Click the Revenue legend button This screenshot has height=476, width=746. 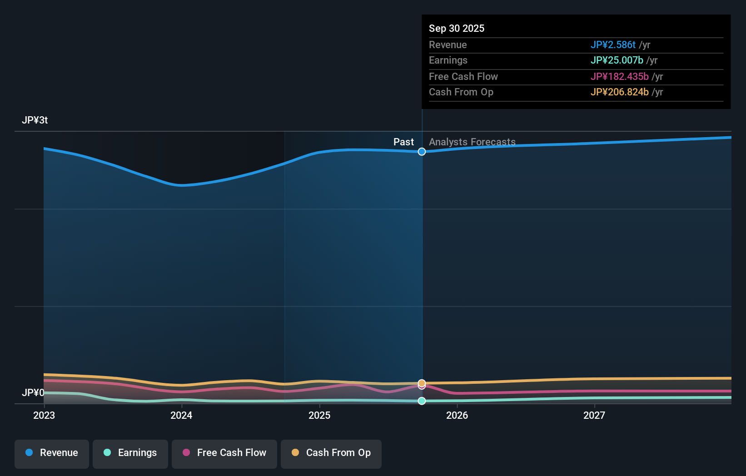pyautogui.click(x=52, y=453)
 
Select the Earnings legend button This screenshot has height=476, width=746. pyautogui.click(x=130, y=453)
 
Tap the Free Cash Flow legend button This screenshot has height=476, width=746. pyautogui.click(x=224, y=453)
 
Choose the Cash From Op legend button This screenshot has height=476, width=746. pyautogui.click(x=331, y=453)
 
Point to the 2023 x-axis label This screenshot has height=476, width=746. pyautogui.click(x=44, y=415)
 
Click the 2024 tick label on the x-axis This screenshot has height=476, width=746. pyautogui.click(x=181, y=415)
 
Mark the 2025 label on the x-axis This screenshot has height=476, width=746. pyautogui.click(x=319, y=415)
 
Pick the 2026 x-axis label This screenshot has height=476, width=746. pyautogui.click(x=457, y=415)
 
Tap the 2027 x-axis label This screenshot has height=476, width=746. pyautogui.click(x=594, y=415)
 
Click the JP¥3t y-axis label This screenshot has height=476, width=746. pyautogui.click(x=35, y=120)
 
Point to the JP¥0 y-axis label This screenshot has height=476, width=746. pyautogui.click(x=33, y=392)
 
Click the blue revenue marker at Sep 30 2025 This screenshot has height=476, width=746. pyautogui.click(x=422, y=152)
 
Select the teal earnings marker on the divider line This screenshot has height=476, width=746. pyautogui.click(x=422, y=401)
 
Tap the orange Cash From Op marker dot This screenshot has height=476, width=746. pyautogui.click(x=422, y=383)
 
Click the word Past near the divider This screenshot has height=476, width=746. pyautogui.click(x=403, y=142)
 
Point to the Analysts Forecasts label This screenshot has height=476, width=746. pyautogui.click(x=472, y=142)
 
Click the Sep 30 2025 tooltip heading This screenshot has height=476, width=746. pyautogui.click(x=457, y=29)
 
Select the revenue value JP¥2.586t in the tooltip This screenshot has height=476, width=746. pyautogui.click(x=613, y=45)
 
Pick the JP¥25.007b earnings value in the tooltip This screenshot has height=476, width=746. pyautogui.click(x=617, y=60)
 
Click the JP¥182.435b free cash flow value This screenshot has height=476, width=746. pyautogui.click(x=619, y=77)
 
